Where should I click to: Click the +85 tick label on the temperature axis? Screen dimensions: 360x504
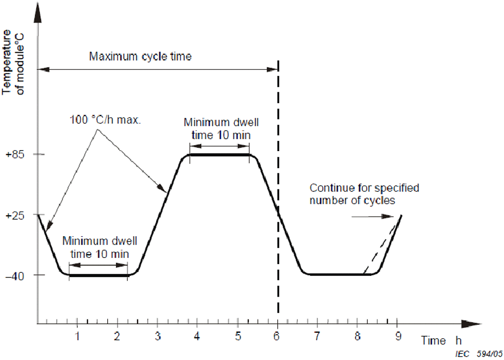15,154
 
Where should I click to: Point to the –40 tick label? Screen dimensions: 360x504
15,275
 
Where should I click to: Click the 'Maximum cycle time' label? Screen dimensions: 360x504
140,56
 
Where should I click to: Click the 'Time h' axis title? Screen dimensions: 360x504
441,341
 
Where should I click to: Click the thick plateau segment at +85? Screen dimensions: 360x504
220,154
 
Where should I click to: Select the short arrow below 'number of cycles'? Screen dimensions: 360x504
368,217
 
